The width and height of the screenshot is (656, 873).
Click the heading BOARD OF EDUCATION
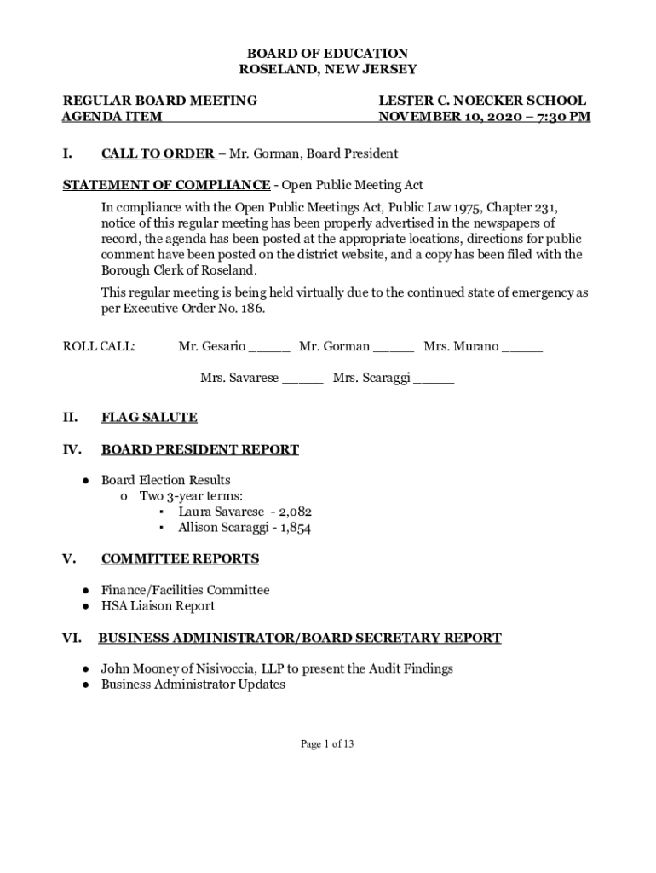(328, 53)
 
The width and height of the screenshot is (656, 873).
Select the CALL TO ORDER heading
(158, 154)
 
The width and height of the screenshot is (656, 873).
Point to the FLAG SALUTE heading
(149, 418)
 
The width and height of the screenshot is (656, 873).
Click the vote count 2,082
(295, 512)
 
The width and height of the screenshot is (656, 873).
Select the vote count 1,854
(294, 528)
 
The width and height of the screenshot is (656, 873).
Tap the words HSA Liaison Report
(158, 606)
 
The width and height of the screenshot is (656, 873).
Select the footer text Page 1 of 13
(327, 744)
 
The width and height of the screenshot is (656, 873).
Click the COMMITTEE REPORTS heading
(180, 559)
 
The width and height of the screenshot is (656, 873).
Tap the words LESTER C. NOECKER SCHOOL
(482, 101)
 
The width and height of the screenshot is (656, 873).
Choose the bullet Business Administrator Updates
(193, 685)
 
